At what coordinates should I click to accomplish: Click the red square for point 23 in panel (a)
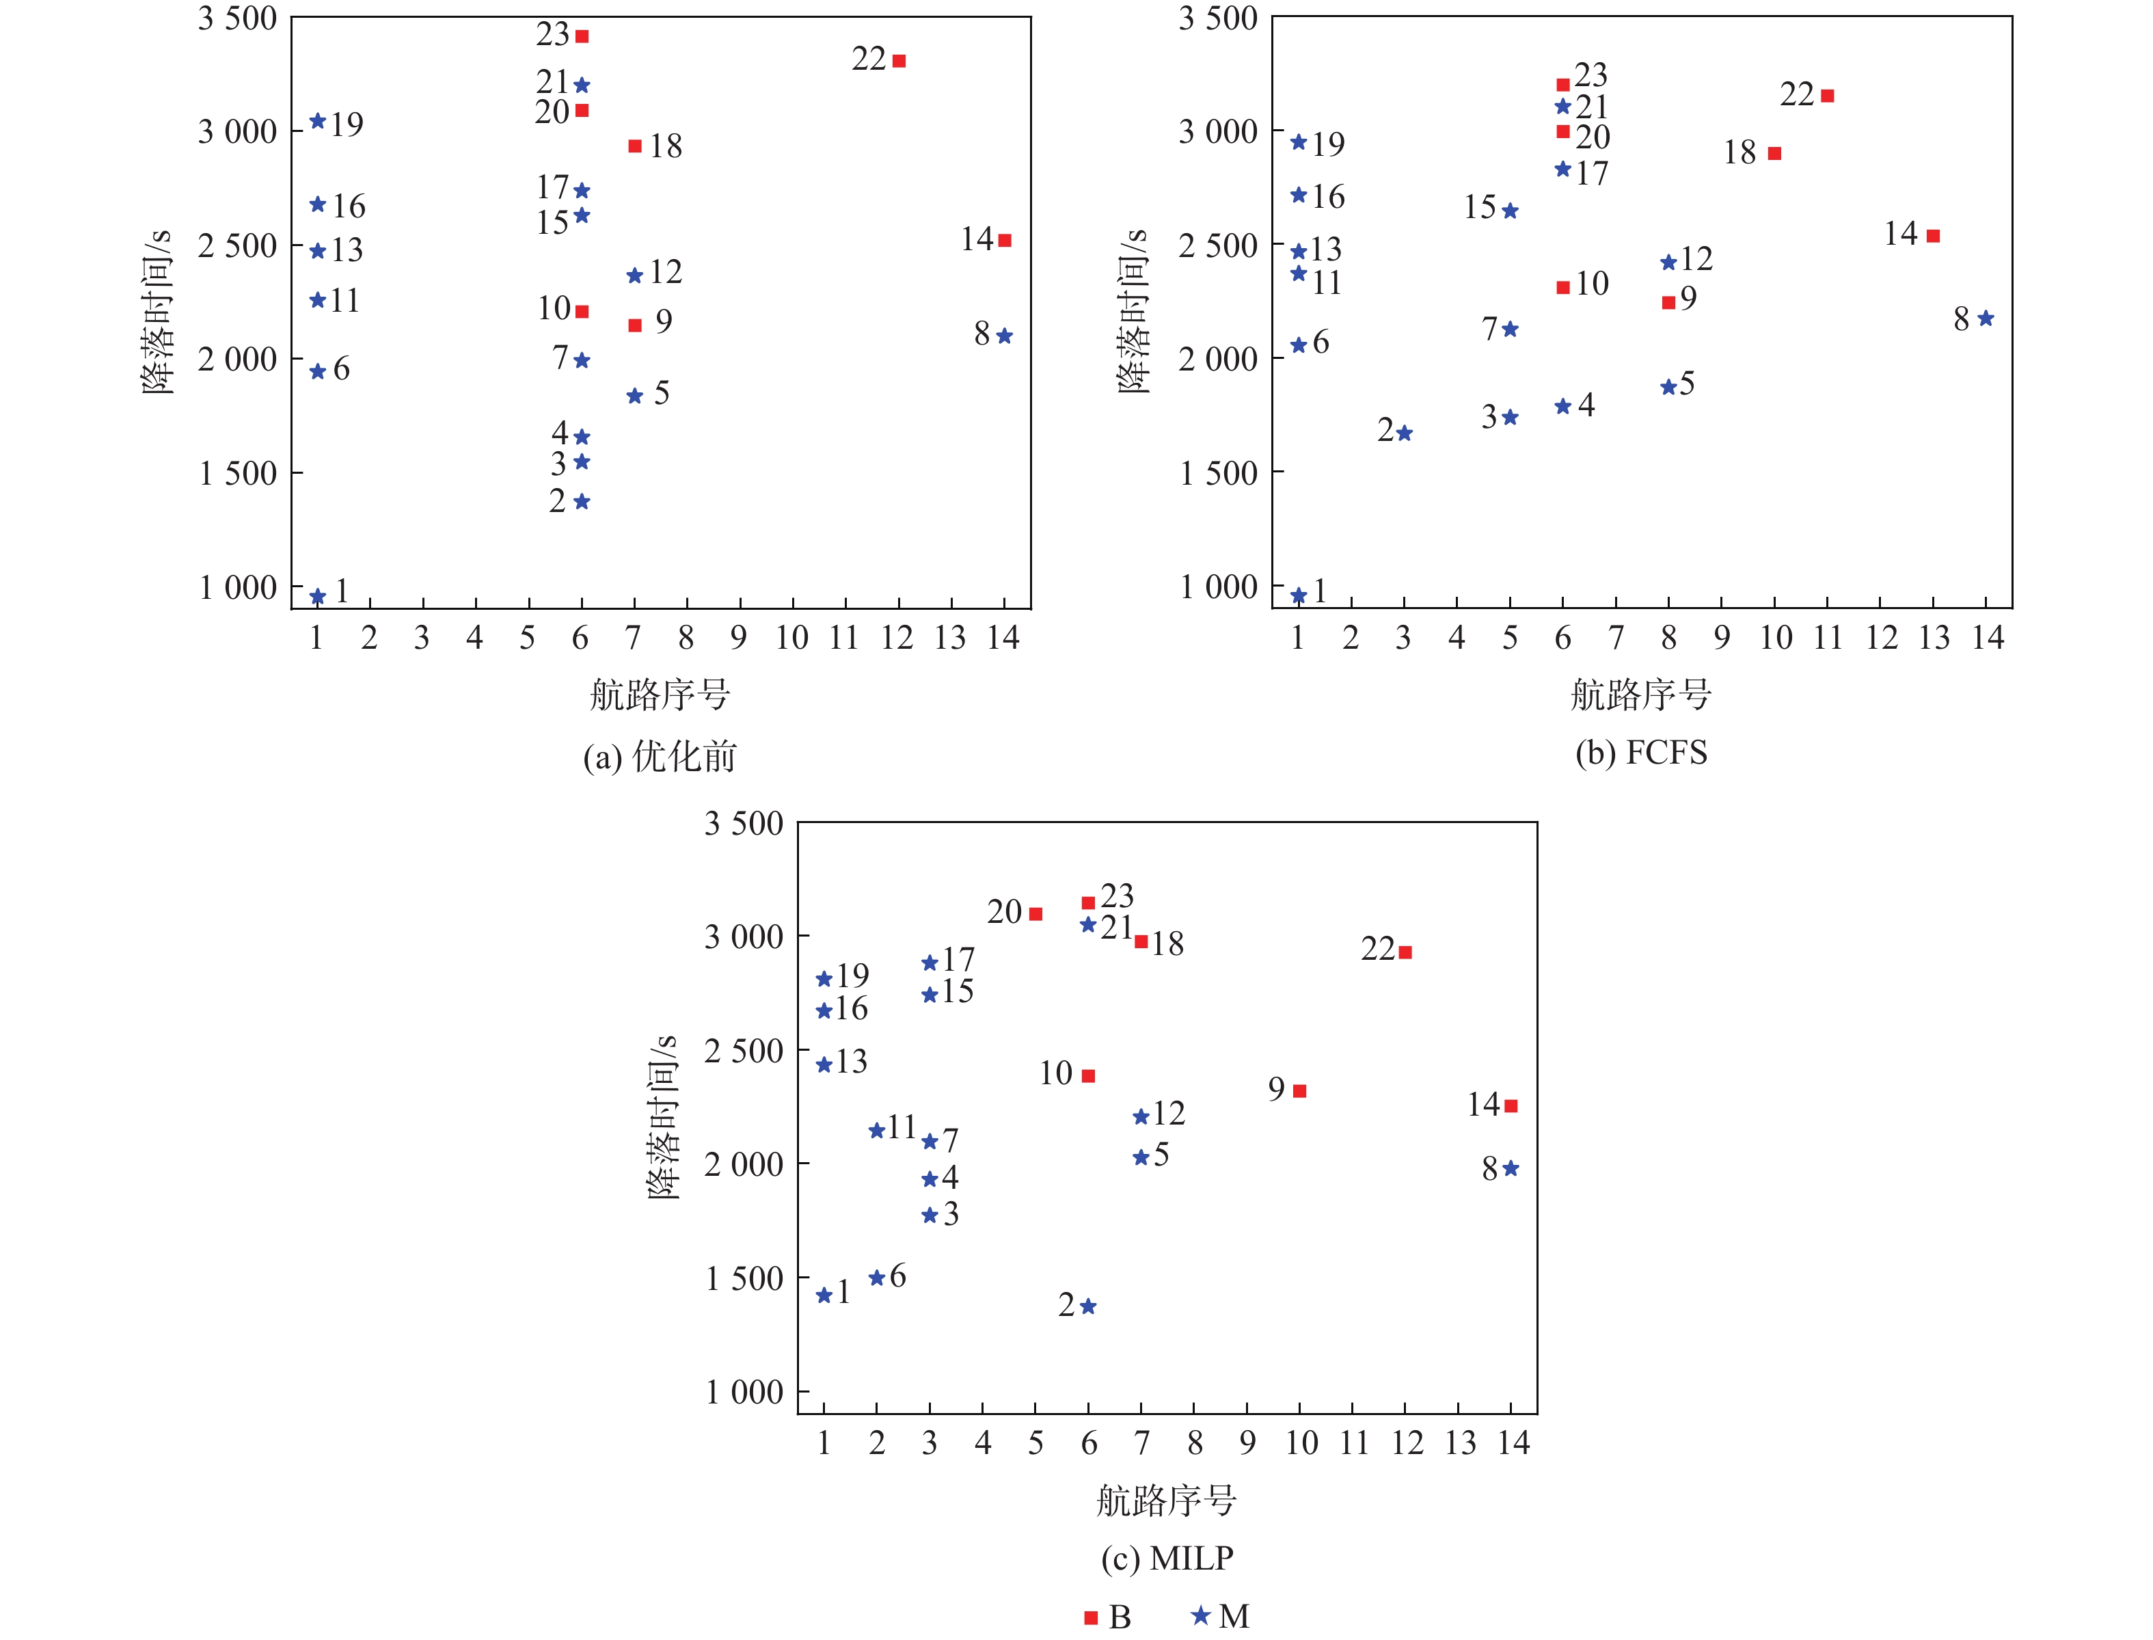[582, 36]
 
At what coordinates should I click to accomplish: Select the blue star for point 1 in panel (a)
[317, 596]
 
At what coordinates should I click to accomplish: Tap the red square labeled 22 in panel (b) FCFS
[1827, 96]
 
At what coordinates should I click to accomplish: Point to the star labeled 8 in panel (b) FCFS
[1985, 319]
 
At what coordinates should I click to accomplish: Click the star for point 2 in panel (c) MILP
[1088, 1306]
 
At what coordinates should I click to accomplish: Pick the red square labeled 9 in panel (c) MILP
[1299, 1091]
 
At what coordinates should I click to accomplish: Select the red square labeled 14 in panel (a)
[1004, 240]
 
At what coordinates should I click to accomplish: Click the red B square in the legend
[1090, 1617]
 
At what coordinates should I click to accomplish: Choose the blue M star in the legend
[1200, 1615]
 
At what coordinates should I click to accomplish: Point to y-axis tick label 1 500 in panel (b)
[1218, 474]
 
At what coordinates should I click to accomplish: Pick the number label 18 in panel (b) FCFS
[1739, 152]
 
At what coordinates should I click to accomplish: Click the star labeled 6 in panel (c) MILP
[876, 1278]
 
